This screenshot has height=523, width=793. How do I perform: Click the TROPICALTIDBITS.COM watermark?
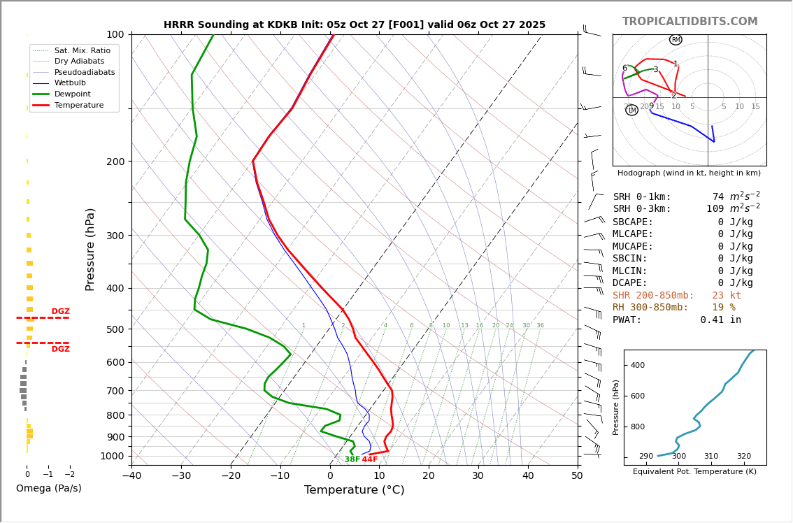tap(690, 22)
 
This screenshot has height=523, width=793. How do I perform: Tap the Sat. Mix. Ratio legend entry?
tap(82, 51)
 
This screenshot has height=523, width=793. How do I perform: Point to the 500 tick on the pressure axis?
tap(115, 329)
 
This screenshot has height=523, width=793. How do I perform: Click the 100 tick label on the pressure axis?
tap(115, 34)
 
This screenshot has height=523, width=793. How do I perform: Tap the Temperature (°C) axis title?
tap(354, 490)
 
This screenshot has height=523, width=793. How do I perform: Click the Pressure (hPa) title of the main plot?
tap(91, 249)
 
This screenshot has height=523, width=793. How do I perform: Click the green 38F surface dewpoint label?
tap(352, 459)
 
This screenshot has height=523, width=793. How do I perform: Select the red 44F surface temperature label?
tap(369, 459)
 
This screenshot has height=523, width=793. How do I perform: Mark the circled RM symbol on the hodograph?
tap(676, 40)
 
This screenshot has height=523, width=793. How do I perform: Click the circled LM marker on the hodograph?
tap(631, 110)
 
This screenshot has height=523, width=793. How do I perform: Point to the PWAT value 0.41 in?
tap(720, 320)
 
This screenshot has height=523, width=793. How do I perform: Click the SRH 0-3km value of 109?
tap(715, 209)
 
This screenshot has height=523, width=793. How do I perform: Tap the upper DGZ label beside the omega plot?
tap(60, 312)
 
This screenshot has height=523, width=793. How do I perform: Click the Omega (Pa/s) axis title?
tap(49, 489)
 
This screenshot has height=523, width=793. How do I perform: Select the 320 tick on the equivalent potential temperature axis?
tap(743, 457)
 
